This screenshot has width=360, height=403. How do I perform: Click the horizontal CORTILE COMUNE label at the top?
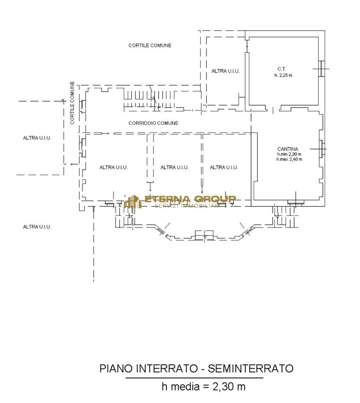coord(150,46)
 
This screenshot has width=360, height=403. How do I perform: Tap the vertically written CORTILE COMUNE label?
coord(72,103)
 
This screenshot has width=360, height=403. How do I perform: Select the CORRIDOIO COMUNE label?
coord(153,124)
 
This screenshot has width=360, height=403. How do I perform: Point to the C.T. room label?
coord(282,69)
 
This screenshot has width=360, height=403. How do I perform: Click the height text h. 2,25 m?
coord(283,75)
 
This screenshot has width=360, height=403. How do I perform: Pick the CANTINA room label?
coord(288,149)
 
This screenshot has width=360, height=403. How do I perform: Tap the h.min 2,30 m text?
coord(289,154)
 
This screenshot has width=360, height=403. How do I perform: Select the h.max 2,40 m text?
coord(289,159)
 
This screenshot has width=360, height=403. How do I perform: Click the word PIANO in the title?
coord(116,369)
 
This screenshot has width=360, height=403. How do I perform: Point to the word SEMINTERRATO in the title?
coord(250,369)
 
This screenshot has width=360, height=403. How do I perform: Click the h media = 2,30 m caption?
coord(203,386)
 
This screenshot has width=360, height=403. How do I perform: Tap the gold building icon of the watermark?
coord(133,201)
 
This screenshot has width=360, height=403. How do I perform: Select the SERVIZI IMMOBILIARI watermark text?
coord(187,206)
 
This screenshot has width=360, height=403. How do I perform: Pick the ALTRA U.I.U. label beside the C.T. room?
coord(226,71)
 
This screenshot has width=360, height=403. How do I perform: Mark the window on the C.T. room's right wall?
coord(321,69)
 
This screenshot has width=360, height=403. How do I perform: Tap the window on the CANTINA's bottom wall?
coord(296,203)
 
